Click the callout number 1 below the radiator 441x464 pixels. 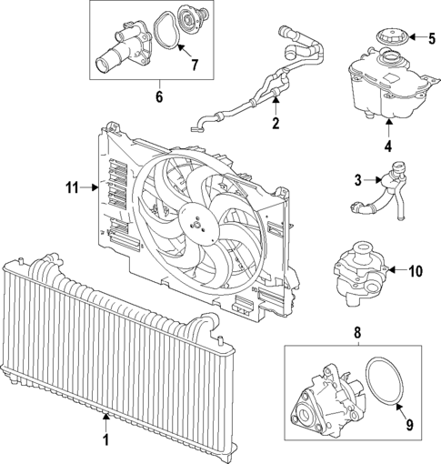[x=105, y=440]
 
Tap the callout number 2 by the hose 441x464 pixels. [x=276, y=121]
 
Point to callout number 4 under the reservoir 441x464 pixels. [x=387, y=144]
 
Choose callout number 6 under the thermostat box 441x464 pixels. [x=158, y=94]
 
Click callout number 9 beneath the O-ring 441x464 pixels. [x=407, y=423]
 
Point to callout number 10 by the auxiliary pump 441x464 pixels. [x=416, y=270]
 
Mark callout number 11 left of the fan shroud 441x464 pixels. [x=72, y=188]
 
